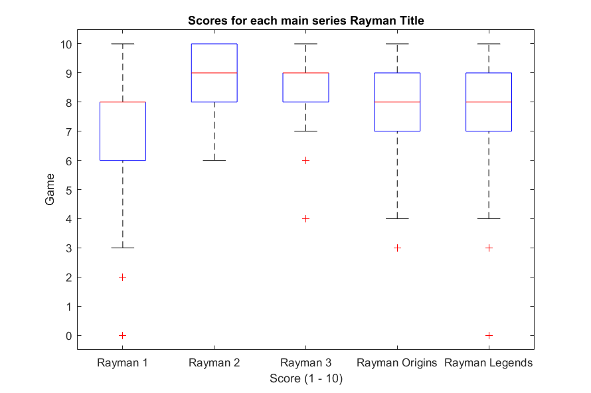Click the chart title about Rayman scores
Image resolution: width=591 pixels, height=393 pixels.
(305, 21)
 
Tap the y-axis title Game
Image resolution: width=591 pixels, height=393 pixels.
(50, 189)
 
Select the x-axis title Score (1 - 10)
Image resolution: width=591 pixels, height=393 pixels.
(306, 378)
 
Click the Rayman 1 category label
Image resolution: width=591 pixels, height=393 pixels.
(122, 362)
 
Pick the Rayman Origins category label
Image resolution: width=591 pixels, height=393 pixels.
(397, 362)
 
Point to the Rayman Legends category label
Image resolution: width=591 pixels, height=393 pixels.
(489, 362)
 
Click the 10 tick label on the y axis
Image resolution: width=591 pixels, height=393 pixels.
(66, 44)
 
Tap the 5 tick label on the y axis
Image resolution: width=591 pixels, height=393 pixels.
(68, 190)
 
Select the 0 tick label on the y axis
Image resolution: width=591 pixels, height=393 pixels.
(68, 336)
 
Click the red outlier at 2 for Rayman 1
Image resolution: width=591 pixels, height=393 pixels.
(122, 277)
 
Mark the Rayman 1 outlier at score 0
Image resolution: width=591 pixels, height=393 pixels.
(122, 336)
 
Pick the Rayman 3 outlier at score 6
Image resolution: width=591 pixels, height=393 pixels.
(305, 161)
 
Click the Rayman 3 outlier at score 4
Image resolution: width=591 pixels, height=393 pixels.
(305, 219)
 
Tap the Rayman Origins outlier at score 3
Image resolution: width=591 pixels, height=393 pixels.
(397, 248)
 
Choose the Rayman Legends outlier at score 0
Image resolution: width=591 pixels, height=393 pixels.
(489, 336)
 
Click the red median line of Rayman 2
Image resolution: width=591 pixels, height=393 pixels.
(214, 73)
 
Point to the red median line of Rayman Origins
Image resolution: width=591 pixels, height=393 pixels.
(397, 102)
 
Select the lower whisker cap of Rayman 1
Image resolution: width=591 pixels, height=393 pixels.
(122, 248)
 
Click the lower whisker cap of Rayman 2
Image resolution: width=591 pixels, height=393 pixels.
(214, 161)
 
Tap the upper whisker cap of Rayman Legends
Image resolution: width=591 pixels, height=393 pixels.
(489, 44)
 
